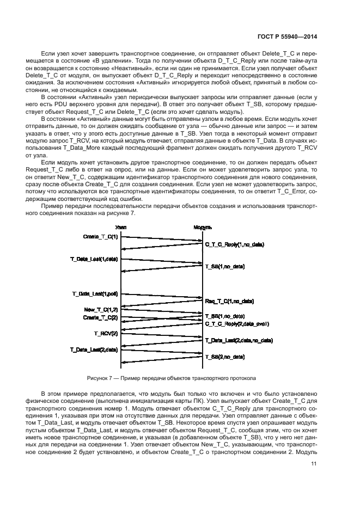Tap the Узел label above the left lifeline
coord(121,227)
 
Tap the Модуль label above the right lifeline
coord(203,227)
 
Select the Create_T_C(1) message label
coord(100,237)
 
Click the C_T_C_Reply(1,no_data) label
coord(234,245)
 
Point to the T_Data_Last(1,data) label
coord(94,259)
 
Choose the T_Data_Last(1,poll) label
coord(95,293)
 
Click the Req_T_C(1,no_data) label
coord(229,301)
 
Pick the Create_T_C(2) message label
coord(100,317)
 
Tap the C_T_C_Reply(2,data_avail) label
coord(237,324)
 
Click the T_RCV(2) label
coord(106,333)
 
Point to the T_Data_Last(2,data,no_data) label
coord(239,340)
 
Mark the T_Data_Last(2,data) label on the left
coord(94,349)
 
